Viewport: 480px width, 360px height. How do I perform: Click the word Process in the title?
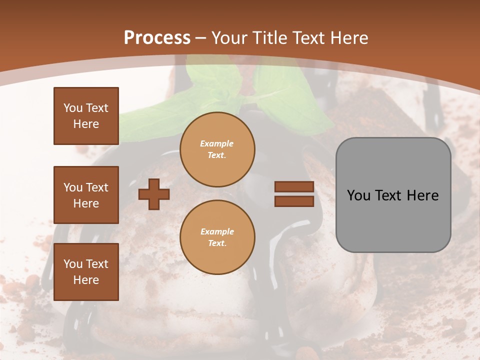(157, 38)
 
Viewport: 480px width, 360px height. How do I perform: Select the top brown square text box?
(86, 116)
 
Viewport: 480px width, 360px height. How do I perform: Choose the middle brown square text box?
(86, 195)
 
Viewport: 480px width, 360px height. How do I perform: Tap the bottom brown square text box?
(86, 272)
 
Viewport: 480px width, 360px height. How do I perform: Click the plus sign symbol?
(153, 194)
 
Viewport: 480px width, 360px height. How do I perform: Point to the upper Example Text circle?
(217, 149)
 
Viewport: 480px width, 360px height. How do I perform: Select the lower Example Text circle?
(217, 237)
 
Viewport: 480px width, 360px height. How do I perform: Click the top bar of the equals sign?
(294, 187)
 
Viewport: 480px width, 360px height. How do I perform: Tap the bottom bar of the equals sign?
(294, 201)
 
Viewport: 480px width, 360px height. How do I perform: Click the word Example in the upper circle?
(217, 143)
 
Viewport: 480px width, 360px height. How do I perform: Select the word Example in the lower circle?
(217, 231)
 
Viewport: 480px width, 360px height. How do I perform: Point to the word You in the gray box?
(358, 195)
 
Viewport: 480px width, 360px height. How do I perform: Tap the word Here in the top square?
(86, 124)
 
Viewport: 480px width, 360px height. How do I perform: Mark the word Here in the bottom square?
(86, 280)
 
